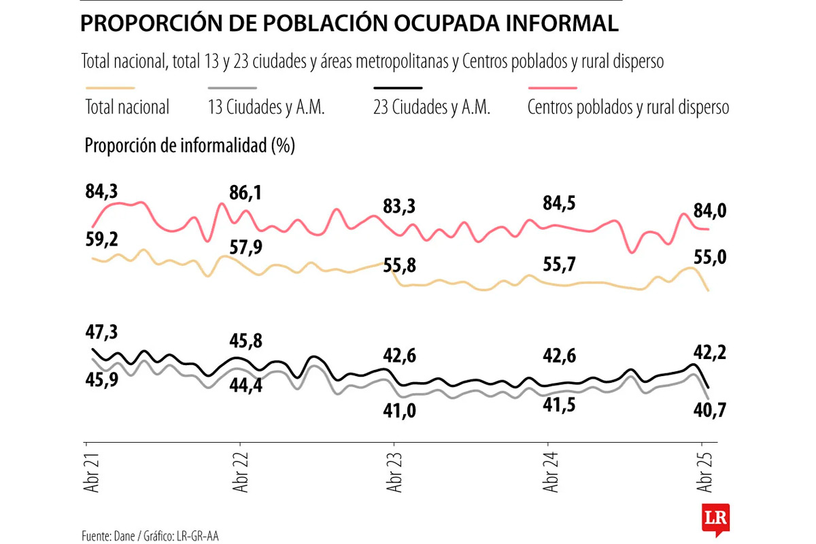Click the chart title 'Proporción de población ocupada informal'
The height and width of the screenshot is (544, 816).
pyautogui.click(x=350, y=24)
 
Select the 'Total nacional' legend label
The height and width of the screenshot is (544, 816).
pyautogui.click(x=127, y=107)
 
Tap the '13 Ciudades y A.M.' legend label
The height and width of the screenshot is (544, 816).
pyautogui.click(x=266, y=107)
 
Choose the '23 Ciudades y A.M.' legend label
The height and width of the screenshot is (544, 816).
pyautogui.click(x=432, y=107)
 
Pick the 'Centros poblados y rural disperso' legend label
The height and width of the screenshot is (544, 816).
pyautogui.click(x=628, y=107)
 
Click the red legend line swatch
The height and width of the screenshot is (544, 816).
pyautogui.click(x=552, y=88)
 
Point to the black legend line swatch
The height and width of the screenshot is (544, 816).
pyautogui.click(x=398, y=88)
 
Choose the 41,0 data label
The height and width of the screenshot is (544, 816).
pyautogui.click(x=398, y=410)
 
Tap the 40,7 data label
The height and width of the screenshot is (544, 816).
pyautogui.click(x=710, y=410)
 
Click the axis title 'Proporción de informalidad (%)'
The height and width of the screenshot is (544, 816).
pyautogui.click(x=190, y=146)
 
